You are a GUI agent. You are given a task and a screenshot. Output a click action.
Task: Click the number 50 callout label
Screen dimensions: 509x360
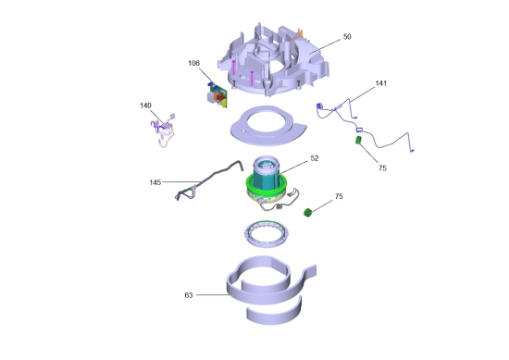coord(347,37)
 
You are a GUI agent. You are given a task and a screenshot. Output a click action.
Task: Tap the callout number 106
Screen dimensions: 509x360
coord(193,63)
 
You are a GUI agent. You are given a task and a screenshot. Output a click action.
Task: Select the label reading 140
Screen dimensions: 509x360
coord(145,106)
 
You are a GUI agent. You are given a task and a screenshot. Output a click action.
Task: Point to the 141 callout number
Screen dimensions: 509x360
coord(380,83)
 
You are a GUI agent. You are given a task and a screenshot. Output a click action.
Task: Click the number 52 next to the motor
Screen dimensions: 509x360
coord(315,158)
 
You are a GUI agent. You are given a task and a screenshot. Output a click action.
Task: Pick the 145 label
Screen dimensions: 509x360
coord(155,182)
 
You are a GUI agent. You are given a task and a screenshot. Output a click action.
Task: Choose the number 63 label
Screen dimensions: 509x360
coord(189,295)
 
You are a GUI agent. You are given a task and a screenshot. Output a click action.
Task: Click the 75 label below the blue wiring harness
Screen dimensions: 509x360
coord(382,168)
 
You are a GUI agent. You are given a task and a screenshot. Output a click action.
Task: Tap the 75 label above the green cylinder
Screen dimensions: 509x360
coord(339,196)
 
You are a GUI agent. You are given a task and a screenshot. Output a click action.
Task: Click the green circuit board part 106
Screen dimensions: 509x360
coord(217,95)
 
